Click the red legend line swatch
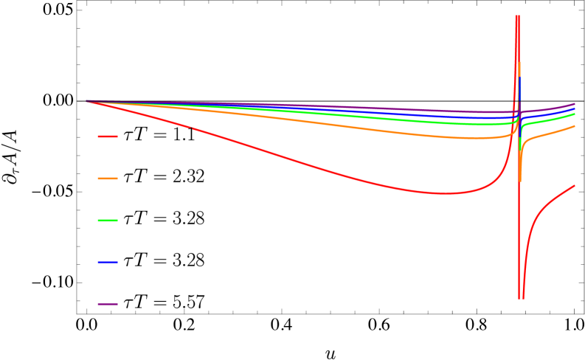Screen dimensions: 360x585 click(108, 136)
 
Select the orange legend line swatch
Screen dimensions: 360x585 click(108, 179)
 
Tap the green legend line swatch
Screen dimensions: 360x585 click(108, 221)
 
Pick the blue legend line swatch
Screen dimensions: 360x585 click(108, 262)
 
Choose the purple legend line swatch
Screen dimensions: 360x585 click(108, 304)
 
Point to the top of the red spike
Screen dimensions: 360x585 click(517, 16)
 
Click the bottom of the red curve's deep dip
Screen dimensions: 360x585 click(521, 297)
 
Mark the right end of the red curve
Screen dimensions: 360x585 click(575, 185)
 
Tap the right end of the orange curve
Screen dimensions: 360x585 click(575, 126)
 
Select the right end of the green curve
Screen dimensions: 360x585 click(575, 114)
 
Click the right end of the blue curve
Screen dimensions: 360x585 click(575, 109)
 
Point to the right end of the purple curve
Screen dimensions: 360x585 click(575, 104)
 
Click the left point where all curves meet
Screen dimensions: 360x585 click(86, 101)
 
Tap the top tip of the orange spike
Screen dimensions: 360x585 click(519, 63)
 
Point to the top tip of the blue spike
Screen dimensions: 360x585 click(519, 77)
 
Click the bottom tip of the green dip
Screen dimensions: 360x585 click(520, 151)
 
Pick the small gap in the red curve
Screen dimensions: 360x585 click(191, 128)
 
